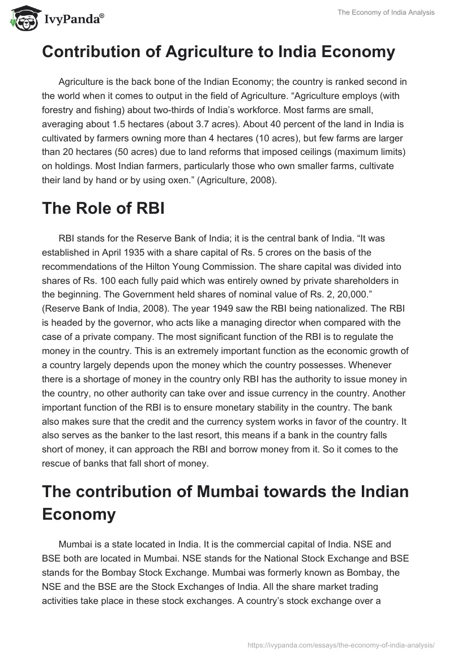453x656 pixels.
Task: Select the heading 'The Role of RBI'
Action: pos(103,208)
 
